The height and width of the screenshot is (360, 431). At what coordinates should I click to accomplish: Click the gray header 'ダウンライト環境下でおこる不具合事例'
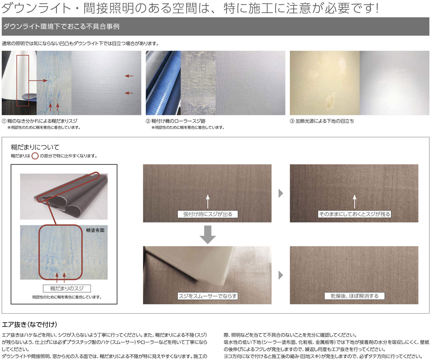61,27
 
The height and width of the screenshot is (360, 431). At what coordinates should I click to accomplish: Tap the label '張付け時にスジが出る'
208,214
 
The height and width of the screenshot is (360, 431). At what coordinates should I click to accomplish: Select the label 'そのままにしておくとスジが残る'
354,214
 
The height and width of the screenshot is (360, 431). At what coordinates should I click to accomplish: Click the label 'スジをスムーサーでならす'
208,296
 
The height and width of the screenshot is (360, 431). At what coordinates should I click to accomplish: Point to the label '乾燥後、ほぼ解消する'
354,296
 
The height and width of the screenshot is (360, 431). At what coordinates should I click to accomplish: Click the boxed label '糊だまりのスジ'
67,289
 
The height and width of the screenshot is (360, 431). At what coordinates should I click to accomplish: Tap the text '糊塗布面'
95,230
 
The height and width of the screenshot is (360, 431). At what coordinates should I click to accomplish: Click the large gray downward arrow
208,235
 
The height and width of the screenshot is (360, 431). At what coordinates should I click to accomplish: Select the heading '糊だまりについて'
35,147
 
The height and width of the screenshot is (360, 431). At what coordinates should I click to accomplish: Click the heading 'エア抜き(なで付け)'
29,324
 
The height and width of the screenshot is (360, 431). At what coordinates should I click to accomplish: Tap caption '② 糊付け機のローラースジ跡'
176,121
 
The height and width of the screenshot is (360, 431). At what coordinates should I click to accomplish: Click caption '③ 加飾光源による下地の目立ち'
322,121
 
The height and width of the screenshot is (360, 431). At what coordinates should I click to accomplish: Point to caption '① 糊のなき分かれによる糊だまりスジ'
40,121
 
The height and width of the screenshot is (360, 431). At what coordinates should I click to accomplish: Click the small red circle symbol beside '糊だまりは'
35,156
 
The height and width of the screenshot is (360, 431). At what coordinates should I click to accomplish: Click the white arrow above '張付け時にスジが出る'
208,201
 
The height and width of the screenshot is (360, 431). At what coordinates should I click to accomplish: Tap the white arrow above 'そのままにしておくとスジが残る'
354,201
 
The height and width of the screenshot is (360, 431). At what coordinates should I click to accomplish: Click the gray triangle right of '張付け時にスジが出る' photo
281,193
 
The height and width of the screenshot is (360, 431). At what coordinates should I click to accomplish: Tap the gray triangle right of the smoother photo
281,275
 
